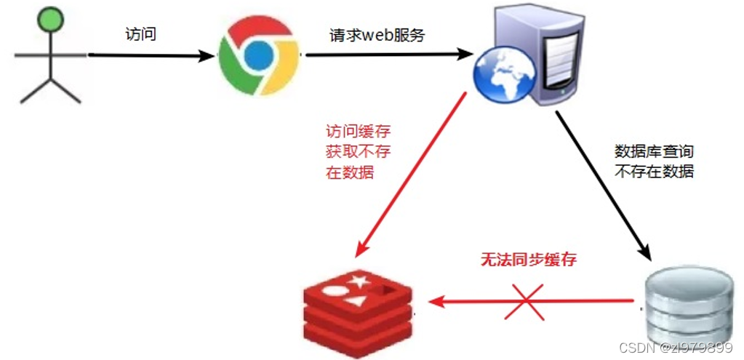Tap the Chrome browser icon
(258, 57)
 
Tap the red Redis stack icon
(358, 308)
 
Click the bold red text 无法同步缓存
(528, 260)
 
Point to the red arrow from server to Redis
(411, 175)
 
